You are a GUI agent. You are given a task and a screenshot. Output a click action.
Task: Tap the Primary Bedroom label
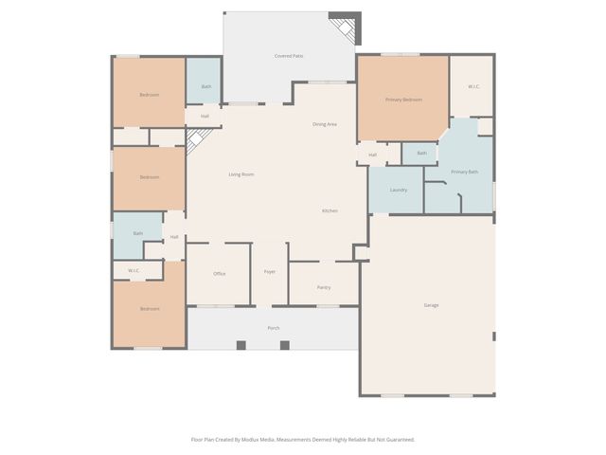tap(403, 100)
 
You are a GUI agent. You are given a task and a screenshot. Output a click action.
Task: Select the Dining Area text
tap(325, 124)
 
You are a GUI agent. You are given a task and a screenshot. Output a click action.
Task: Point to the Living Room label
tap(241, 174)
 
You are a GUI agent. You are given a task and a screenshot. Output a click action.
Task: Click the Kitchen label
tap(330, 210)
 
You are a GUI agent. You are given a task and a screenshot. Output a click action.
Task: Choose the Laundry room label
tap(399, 190)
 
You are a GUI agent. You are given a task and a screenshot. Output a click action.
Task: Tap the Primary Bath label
tap(465, 172)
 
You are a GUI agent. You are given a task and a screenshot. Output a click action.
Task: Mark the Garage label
tap(431, 305)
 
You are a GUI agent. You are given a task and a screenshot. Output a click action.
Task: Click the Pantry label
tap(324, 286)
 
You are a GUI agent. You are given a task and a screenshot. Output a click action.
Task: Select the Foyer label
tap(270, 272)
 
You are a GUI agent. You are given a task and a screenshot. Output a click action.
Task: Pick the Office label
tap(220, 274)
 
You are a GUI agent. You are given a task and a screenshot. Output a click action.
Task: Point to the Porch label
tap(274, 328)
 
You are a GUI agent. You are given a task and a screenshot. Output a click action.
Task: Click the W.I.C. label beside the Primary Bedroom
tap(474, 87)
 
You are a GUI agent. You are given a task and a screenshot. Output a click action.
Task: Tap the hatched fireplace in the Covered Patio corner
tap(346, 28)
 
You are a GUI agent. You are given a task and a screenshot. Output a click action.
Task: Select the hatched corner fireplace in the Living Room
tap(196, 141)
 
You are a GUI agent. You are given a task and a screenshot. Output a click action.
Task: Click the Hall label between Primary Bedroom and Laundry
tap(373, 155)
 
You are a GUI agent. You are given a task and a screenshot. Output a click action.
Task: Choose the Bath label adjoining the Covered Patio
tap(206, 88)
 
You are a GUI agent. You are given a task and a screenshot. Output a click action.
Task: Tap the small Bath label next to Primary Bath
tap(422, 153)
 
